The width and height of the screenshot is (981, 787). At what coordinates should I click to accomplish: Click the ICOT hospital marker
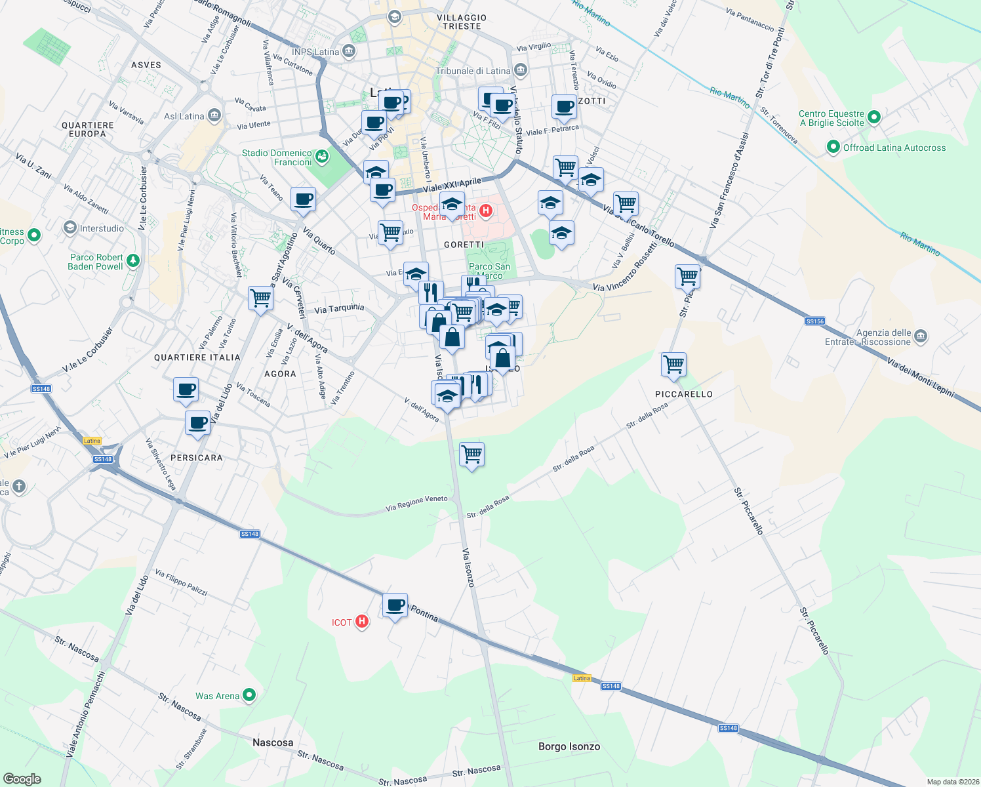361,622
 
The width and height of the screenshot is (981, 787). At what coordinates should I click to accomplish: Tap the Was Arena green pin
249,695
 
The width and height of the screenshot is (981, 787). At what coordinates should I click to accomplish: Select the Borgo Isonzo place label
569,746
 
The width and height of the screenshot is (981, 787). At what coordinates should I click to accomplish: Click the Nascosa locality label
273,742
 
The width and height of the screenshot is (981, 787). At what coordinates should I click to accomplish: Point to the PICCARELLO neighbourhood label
683,394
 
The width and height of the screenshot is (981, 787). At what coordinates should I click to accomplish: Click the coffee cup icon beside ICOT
395,605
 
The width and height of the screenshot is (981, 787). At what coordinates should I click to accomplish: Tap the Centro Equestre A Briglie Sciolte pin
873,118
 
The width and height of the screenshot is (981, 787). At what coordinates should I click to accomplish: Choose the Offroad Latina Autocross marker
833,147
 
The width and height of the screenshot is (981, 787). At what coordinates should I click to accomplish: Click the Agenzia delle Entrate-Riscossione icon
920,336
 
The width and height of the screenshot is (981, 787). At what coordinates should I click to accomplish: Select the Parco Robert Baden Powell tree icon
133,261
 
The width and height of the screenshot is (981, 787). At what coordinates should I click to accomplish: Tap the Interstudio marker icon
70,228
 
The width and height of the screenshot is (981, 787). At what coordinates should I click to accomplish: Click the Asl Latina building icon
214,116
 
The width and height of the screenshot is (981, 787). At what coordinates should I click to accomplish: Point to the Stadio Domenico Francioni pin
321,156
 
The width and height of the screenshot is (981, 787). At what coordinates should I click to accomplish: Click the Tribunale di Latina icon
520,70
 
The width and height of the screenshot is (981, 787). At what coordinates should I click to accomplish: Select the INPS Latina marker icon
349,51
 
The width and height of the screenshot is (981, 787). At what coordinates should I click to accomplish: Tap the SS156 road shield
814,321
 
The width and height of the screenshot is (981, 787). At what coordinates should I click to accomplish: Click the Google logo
22,778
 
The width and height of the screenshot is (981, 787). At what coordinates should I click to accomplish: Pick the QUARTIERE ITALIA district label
197,357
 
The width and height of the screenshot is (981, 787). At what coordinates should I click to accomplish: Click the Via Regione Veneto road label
416,503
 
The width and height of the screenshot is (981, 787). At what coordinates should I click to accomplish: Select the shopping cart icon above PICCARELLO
674,364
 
